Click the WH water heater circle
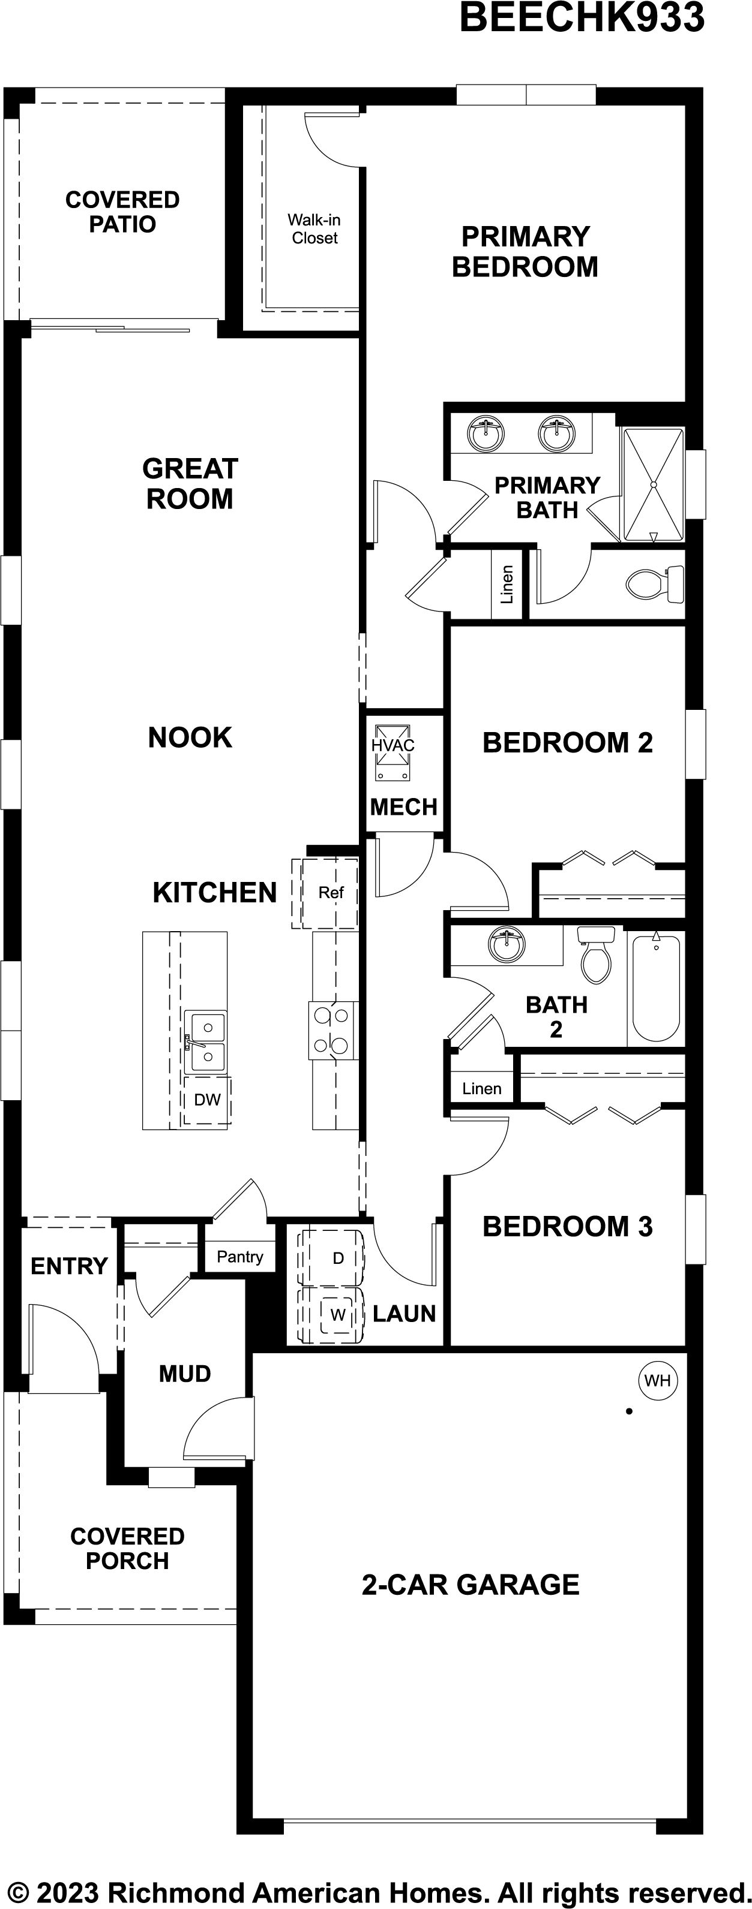(x=657, y=1381)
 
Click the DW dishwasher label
(x=207, y=1100)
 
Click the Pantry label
(x=239, y=1257)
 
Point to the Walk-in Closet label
(x=314, y=229)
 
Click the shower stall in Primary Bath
(x=652, y=484)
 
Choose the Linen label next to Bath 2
(x=481, y=1089)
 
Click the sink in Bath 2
(x=507, y=946)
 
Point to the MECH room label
(x=403, y=806)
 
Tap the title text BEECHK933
(x=582, y=18)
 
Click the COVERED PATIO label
(x=122, y=212)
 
